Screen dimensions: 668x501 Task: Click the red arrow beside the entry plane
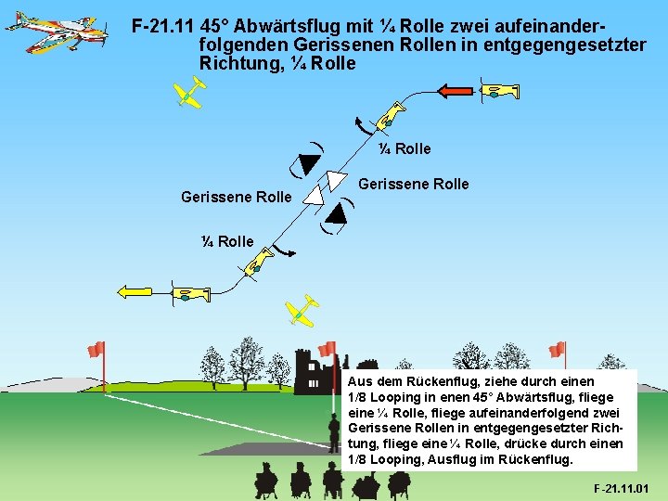[456, 91]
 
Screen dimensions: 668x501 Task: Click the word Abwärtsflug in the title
[289, 27]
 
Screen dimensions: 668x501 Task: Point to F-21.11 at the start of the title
[163, 27]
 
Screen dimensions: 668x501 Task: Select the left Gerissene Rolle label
[236, 197]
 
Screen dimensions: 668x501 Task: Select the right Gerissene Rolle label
[413, 184]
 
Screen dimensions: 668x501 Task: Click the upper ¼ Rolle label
[404, 148]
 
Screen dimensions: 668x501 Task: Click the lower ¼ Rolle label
[226, 241]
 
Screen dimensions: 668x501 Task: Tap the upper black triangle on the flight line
[308, 164]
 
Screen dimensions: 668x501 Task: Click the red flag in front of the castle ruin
[327, 350]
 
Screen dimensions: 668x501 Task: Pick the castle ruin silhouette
[311, 371]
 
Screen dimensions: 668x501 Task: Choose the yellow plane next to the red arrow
[501, 91]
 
